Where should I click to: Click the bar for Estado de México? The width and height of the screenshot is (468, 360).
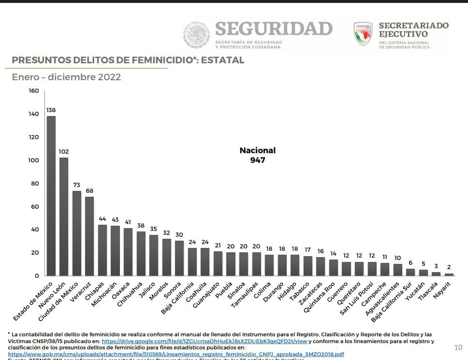tap(51, 196)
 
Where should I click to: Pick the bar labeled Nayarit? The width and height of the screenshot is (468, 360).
tap(449, 274)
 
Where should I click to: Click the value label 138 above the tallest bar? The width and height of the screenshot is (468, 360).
tap(51, 110)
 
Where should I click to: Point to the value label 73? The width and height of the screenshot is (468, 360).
tap(76, 185)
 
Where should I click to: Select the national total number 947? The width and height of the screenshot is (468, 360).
tap(258, 160)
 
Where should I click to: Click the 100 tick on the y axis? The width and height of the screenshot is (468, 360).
tap(33, 160)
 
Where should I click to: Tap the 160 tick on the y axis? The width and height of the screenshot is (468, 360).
tap(33, 91)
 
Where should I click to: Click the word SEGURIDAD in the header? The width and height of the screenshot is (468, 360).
tap(274, 29)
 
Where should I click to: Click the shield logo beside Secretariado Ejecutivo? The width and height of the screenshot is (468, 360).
tap(363, 33)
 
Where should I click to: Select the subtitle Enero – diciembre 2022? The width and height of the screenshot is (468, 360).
tap(66, 77)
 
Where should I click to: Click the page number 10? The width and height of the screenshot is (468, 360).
tap(458, 347)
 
